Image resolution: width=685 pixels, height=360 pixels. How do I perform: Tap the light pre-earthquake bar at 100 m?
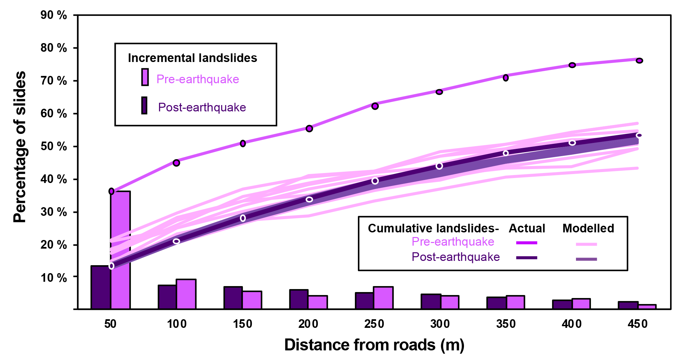186,294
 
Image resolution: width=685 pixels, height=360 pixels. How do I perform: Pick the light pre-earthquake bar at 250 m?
383,298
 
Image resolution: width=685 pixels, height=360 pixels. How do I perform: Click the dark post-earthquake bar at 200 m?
299,299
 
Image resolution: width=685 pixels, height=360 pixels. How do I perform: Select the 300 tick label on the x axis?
440,324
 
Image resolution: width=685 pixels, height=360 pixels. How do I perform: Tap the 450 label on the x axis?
637,324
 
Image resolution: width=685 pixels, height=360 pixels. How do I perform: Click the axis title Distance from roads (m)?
374,345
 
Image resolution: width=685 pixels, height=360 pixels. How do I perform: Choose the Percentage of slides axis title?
20,147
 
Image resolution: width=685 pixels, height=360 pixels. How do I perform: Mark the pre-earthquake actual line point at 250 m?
375,106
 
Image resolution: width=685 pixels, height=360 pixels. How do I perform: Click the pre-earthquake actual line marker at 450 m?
639,61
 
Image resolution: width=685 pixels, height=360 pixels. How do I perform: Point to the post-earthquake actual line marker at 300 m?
439,166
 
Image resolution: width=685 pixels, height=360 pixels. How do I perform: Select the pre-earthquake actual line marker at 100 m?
176,163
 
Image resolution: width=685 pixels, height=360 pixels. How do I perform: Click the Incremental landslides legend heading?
193,58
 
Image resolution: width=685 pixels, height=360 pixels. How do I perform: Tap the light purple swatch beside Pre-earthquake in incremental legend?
145,77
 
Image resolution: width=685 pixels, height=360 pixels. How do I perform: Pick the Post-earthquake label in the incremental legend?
202,107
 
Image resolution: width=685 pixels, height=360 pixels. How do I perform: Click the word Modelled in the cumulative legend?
588,228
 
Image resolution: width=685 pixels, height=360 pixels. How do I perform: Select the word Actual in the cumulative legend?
527,228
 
